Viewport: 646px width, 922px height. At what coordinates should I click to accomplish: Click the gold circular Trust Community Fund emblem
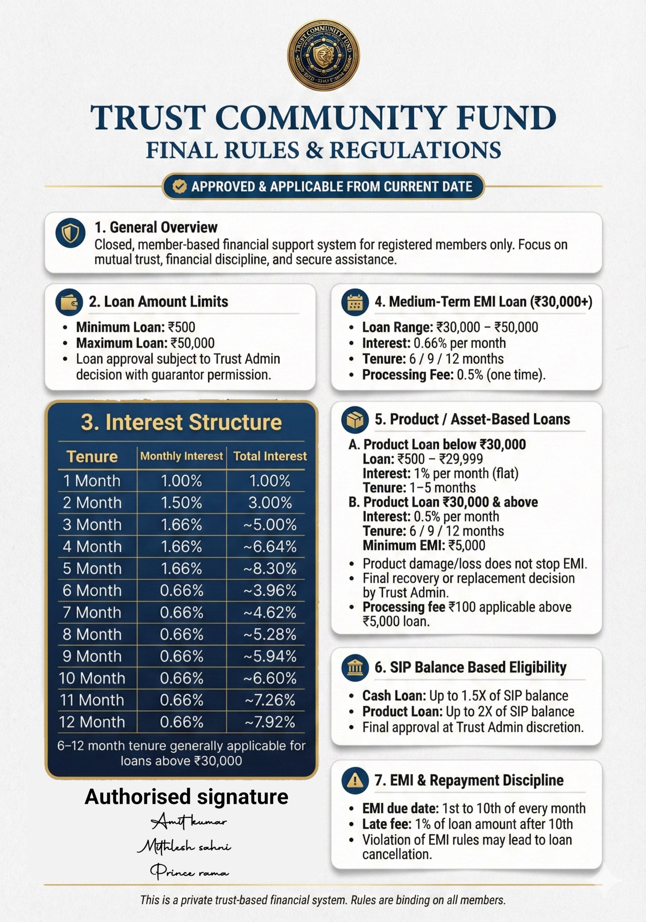click(x=323, y=55)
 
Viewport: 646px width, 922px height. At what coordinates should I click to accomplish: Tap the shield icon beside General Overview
click(x=71, y=233)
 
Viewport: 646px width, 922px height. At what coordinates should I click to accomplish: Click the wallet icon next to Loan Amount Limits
click(x=69, y=302)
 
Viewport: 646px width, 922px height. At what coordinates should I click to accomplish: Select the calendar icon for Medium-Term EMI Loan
click(x=355, y=302)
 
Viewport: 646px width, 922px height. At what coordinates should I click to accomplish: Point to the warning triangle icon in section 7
click(x=355, y=780)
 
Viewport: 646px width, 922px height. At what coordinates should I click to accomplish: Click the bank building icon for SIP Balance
click(x=355, y=667)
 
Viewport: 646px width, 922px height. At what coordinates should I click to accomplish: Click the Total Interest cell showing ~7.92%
click(x=270, y=722)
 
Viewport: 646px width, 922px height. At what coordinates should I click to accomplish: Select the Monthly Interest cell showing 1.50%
click(x=181, y=503)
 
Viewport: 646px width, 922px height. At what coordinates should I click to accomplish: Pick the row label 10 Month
click(x=92, y=678)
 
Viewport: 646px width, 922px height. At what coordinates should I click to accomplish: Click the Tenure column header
click(x=92, y=456)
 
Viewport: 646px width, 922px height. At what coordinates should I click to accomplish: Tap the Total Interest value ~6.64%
click(x=270, y=547)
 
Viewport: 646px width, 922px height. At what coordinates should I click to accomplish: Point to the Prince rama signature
click(x=189, y=871)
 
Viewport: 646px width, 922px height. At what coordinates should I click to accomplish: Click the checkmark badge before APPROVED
click(x=179, y=186)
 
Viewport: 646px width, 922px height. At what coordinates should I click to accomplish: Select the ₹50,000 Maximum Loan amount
click(x=192, y=343)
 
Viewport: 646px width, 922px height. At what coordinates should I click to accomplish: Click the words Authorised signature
click(x=187, y=797)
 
